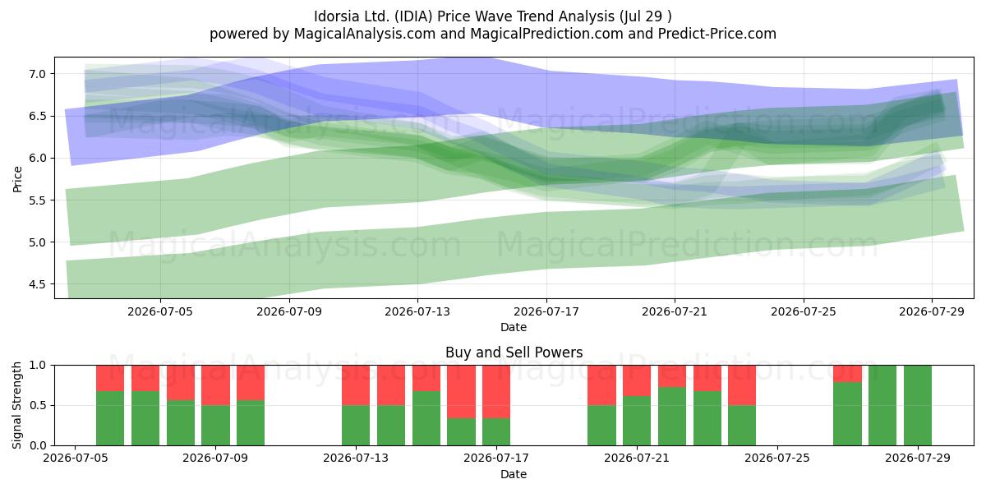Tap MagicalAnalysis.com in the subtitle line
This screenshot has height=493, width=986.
coord(365,34)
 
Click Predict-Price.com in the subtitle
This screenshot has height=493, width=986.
coord(717,34)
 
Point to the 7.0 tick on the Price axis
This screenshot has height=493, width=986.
coord(38,73)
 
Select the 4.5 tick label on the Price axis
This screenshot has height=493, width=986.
coord(38,284)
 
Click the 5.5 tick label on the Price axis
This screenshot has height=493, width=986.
coord(38,200)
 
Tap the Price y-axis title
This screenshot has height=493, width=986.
coord(17,179)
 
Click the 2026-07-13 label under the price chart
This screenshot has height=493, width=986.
coord(417,311)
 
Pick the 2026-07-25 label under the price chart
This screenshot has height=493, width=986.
coord(804,311)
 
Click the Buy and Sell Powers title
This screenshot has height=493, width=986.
coord(514,352)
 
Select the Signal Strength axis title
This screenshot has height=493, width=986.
coord(16,405)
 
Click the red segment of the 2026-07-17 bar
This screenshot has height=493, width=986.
coord(496,392)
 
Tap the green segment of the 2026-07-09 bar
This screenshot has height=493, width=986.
coord(215,426)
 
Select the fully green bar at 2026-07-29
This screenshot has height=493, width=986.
coord(918,405)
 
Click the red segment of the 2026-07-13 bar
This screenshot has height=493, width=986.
coord(356,385)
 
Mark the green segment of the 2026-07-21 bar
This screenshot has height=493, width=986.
coord(637,421)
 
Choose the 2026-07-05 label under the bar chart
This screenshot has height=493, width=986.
coord(76,458)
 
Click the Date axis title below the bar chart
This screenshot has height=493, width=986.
coord(514,474)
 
